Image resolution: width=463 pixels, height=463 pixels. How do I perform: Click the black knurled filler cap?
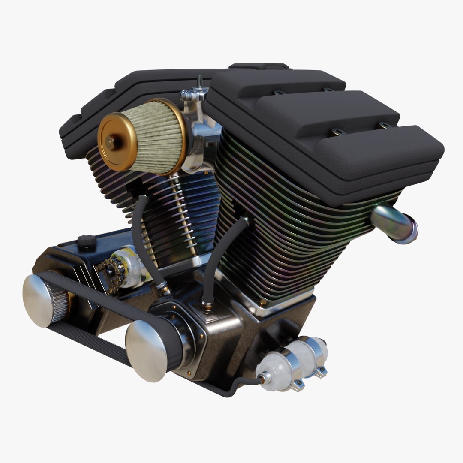coord(87,241)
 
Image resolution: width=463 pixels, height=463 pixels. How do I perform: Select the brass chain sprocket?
coord(111,274)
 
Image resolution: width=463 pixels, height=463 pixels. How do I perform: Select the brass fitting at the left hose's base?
coord(165,289)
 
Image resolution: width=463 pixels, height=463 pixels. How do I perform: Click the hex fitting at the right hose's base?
coord(207,306)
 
